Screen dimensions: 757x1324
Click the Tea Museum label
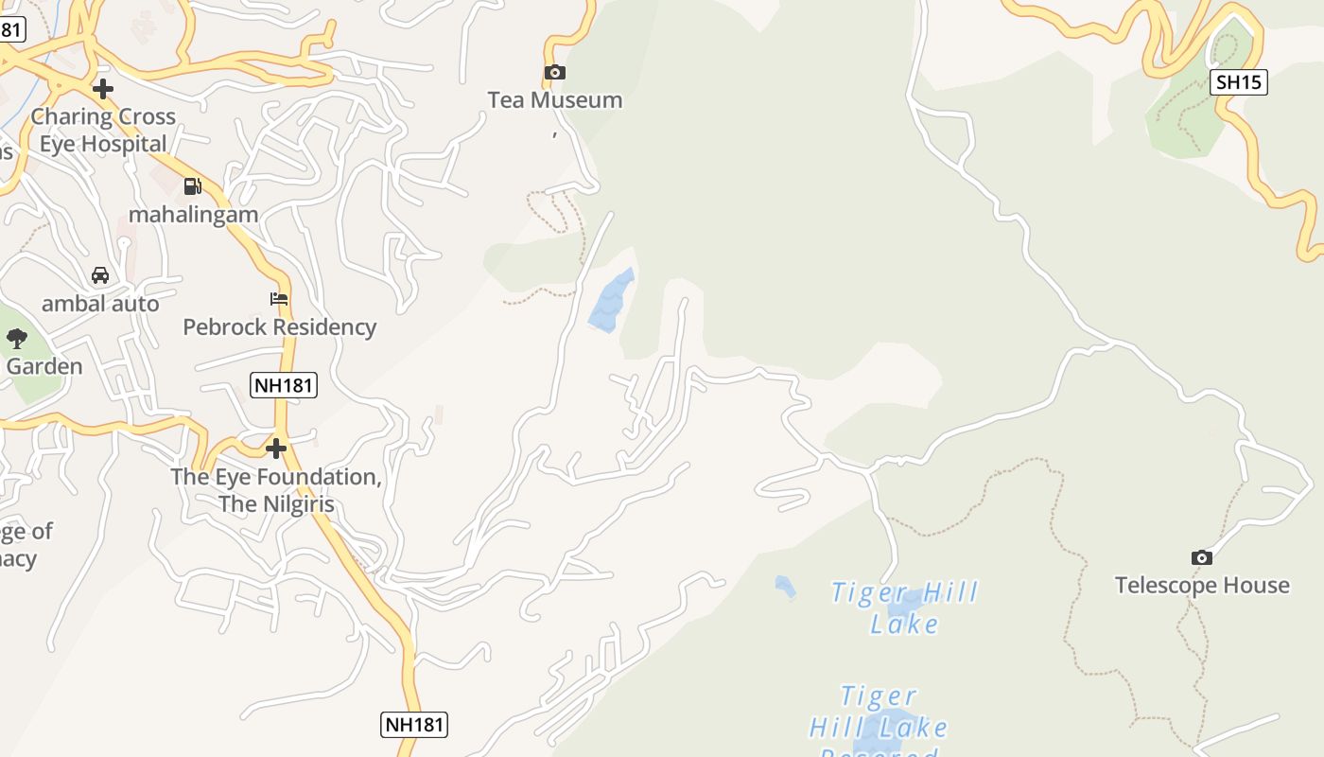coord(554,100)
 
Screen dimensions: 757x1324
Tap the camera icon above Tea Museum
coord(554,72)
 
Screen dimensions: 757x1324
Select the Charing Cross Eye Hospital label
coord(103,130)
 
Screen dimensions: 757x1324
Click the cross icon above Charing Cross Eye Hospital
coord(103,89)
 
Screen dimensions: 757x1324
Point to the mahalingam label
coord(193,215)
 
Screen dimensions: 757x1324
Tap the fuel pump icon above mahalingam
coord(193,185)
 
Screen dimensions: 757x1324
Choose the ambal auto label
coord(100,304)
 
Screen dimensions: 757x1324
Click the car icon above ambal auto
coord(100,275)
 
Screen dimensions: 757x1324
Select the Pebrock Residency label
coord(279,327)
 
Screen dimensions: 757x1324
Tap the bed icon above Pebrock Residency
coord(279,299)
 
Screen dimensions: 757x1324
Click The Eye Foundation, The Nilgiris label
coord(276,490)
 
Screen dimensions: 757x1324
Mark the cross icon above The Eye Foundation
coord(276,448)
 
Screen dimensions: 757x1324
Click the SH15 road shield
coord(1239,82)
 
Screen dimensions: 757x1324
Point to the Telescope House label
coord(1202,586)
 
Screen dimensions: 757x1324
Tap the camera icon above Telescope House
coord(1202,557)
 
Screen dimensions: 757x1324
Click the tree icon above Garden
coord(17,338)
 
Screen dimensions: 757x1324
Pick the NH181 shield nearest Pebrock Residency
coord(284,385)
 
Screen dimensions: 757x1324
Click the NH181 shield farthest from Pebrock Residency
coord(414,725)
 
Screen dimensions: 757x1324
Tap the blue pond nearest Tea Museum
coord(612,300)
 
